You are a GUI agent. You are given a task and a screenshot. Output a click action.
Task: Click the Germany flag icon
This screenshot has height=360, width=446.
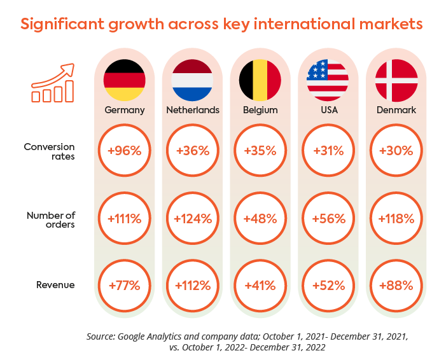(x=125, y=80)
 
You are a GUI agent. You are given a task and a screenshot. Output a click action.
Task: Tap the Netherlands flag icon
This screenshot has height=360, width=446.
(x=193, y=80)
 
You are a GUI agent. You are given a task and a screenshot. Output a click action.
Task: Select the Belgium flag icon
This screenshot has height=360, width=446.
(x=260, y=80)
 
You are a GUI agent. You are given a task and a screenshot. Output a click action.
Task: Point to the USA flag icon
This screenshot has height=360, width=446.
(x=328, y=80)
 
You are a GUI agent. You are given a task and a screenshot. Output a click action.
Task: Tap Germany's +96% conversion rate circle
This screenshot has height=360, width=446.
(x=125, y=151)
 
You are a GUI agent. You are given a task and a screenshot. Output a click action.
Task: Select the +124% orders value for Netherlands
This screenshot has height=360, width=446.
(x=193, y=218)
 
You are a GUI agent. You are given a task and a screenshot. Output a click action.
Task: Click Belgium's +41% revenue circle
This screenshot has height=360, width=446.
(x=260, y=285)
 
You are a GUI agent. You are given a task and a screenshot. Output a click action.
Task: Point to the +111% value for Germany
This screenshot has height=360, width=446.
(x=125, y=218)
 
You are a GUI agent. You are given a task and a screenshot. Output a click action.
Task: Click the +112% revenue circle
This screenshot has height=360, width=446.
(x=193, y=285)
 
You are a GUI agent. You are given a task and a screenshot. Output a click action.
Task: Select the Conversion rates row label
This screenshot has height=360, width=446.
(x=50, y=151)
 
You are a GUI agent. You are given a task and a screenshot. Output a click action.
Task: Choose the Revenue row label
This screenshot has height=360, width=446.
(x=55, y=285)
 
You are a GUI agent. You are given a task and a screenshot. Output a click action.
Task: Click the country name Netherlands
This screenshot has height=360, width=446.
(x=193, y=110)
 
